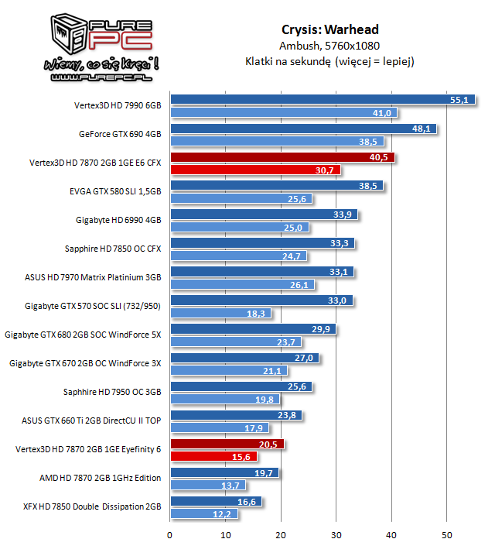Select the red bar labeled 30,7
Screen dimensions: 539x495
[x=255, y=170]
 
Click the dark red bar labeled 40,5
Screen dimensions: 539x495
[x=282, y=157]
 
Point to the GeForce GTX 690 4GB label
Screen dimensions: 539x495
[x=120, y=133]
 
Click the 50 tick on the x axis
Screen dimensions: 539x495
[x=447, y=533]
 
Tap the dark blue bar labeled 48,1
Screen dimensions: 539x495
[x=302, y=129]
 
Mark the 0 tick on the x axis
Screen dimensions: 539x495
[x=170, y=533]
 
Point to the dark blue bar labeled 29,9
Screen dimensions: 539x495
[x=252, y=329]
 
